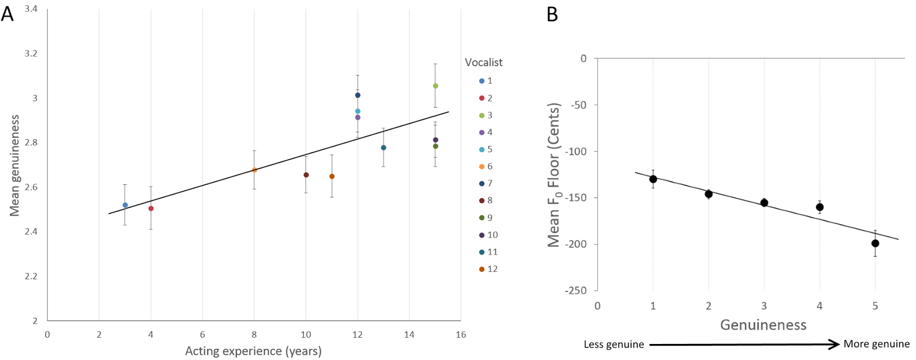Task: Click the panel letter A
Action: click(x=7, y=14)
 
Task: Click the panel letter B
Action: click(x=552, y=14)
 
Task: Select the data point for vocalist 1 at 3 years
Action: click(x=125, y=205)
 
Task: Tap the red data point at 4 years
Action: click(x=151, y=208)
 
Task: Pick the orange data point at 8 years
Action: click(x=255, y=170)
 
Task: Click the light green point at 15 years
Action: click(x=436, y=86)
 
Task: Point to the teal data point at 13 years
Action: click(x=384, y=148)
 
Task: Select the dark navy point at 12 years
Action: click(x=358, y=95)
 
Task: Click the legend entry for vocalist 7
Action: click(x=486, y=183)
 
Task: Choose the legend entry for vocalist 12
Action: click(x=488, y=269)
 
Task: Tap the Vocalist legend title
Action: click(x=483, y=62)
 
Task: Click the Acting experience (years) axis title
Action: click(x=253, y=351)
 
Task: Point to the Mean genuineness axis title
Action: click(x=14, y=165)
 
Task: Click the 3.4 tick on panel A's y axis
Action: click(x=31, y=9)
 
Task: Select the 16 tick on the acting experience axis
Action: click(x=461, y=335)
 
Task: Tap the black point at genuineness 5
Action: click(x=875, y=243)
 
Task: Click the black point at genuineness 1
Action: click(x=653, y=179)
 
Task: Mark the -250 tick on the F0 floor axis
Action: click(x=575, y=290)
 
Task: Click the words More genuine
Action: click(x=876, y=344)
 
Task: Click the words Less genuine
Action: click(x=614, y=345)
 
